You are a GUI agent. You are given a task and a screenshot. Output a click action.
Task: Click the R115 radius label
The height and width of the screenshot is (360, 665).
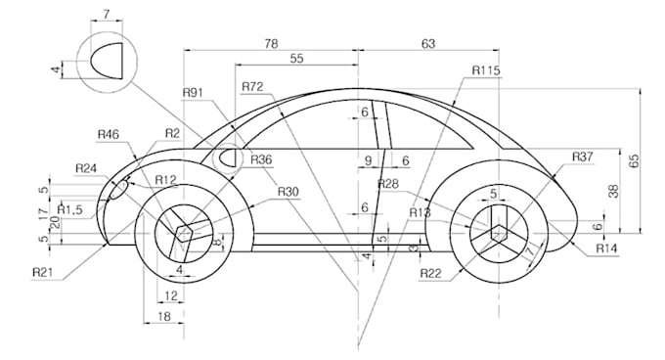486,70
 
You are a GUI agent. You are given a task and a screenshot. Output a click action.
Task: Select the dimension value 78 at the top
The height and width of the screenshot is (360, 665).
272,43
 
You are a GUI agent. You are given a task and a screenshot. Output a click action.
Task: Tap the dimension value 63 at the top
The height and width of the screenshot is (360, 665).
427,43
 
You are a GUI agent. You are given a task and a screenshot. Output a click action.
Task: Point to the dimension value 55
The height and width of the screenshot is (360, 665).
296,60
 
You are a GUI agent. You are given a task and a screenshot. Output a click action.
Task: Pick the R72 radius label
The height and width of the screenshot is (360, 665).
252,87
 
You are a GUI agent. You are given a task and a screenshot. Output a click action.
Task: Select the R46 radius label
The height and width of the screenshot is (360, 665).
109,134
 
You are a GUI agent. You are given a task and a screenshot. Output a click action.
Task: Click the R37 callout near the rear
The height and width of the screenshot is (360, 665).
583,157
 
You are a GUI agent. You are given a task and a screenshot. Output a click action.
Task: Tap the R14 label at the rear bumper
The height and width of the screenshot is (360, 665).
608,248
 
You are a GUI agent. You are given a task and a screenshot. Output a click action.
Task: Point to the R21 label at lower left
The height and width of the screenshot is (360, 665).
43,270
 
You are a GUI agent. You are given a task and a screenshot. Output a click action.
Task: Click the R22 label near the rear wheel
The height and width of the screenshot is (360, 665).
431,273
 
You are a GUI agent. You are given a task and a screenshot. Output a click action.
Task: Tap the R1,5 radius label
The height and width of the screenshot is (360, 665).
69,209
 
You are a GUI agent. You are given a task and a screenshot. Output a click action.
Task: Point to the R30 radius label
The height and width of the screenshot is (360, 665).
288,192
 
